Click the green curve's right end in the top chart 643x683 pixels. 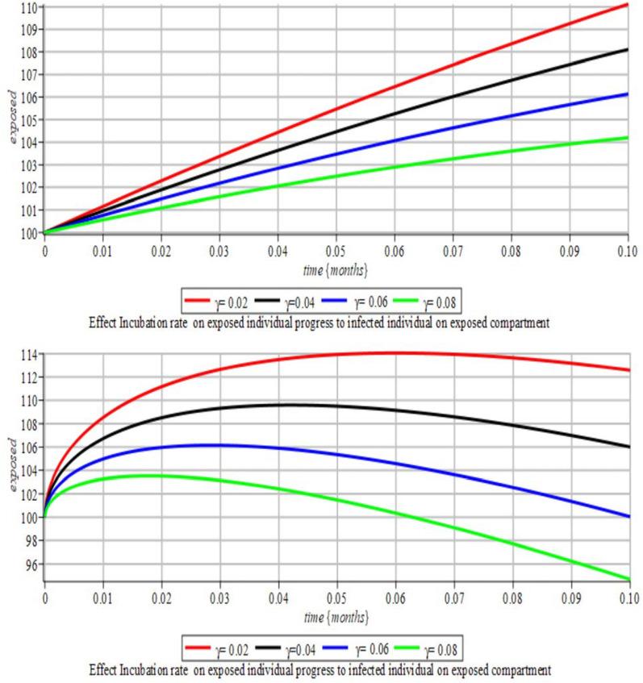coord(628,138)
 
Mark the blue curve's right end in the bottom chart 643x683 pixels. coord(628,516)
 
